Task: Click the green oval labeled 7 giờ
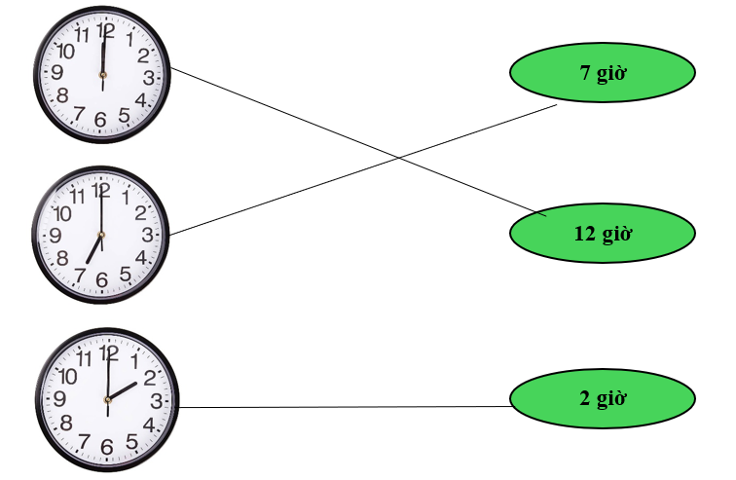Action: [x=602, y=72]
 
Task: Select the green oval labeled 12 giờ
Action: [x=602, y=233]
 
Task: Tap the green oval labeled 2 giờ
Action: [x=602, y=397]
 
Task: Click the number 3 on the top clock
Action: [x=148, y=78]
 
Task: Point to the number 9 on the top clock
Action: [x=57, y=72]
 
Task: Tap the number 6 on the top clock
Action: [x=100, y=120]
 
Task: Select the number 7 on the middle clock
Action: [x=79, y=275]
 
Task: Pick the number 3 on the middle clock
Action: [x=147, y=236]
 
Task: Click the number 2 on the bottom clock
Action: [x=149, y=378]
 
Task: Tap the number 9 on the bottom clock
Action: [x=60, y=399]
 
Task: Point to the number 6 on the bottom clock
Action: [x=106, y=447]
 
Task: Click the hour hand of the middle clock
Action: [x=93, y=249]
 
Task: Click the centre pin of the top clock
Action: [x=102, y=70]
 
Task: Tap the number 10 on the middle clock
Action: [x=63, y=214]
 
